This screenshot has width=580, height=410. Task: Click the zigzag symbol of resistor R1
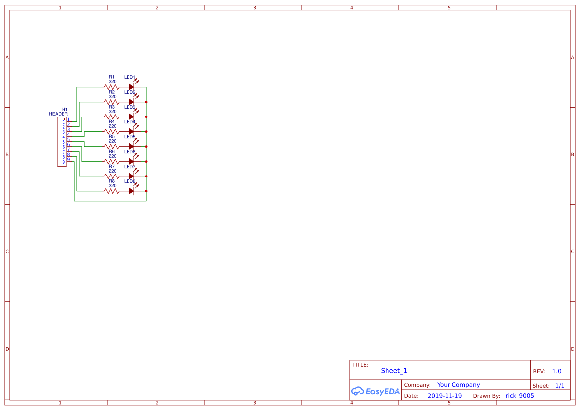click(x=112, y=87)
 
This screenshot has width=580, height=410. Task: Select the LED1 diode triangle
click(x=131, y=87)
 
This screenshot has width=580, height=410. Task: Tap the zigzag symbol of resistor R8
click(x=112, y=191)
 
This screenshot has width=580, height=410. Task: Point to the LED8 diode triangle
click(x=131, y=191)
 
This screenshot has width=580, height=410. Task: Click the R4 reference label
click(x=112, y=121)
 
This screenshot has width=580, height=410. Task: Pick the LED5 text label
click(x=129, y=137)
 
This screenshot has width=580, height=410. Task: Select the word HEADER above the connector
click(x=58, y=114)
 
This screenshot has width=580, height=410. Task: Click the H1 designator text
click(x=64, y=109)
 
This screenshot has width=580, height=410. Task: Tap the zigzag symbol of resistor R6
click(x=112, y=161)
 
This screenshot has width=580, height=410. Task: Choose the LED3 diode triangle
click(x=131, y=117)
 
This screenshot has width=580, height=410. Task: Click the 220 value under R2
click(x=112, y=97)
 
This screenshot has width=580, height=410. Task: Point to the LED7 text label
click(x=129, y=167)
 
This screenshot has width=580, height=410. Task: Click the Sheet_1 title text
click(x=394, y=371)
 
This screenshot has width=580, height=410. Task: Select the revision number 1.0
click(x=557, y=371)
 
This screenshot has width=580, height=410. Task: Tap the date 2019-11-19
click(x=445, y=396)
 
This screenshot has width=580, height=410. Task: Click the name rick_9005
click(x=519, y=396)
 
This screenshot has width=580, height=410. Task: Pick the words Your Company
click(x=458, y=385)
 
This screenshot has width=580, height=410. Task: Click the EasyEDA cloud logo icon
click(x=357, y=391)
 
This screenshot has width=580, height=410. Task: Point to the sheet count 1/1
click(x=560, y=386)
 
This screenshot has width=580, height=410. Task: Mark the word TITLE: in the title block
click(x=360, y=365)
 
